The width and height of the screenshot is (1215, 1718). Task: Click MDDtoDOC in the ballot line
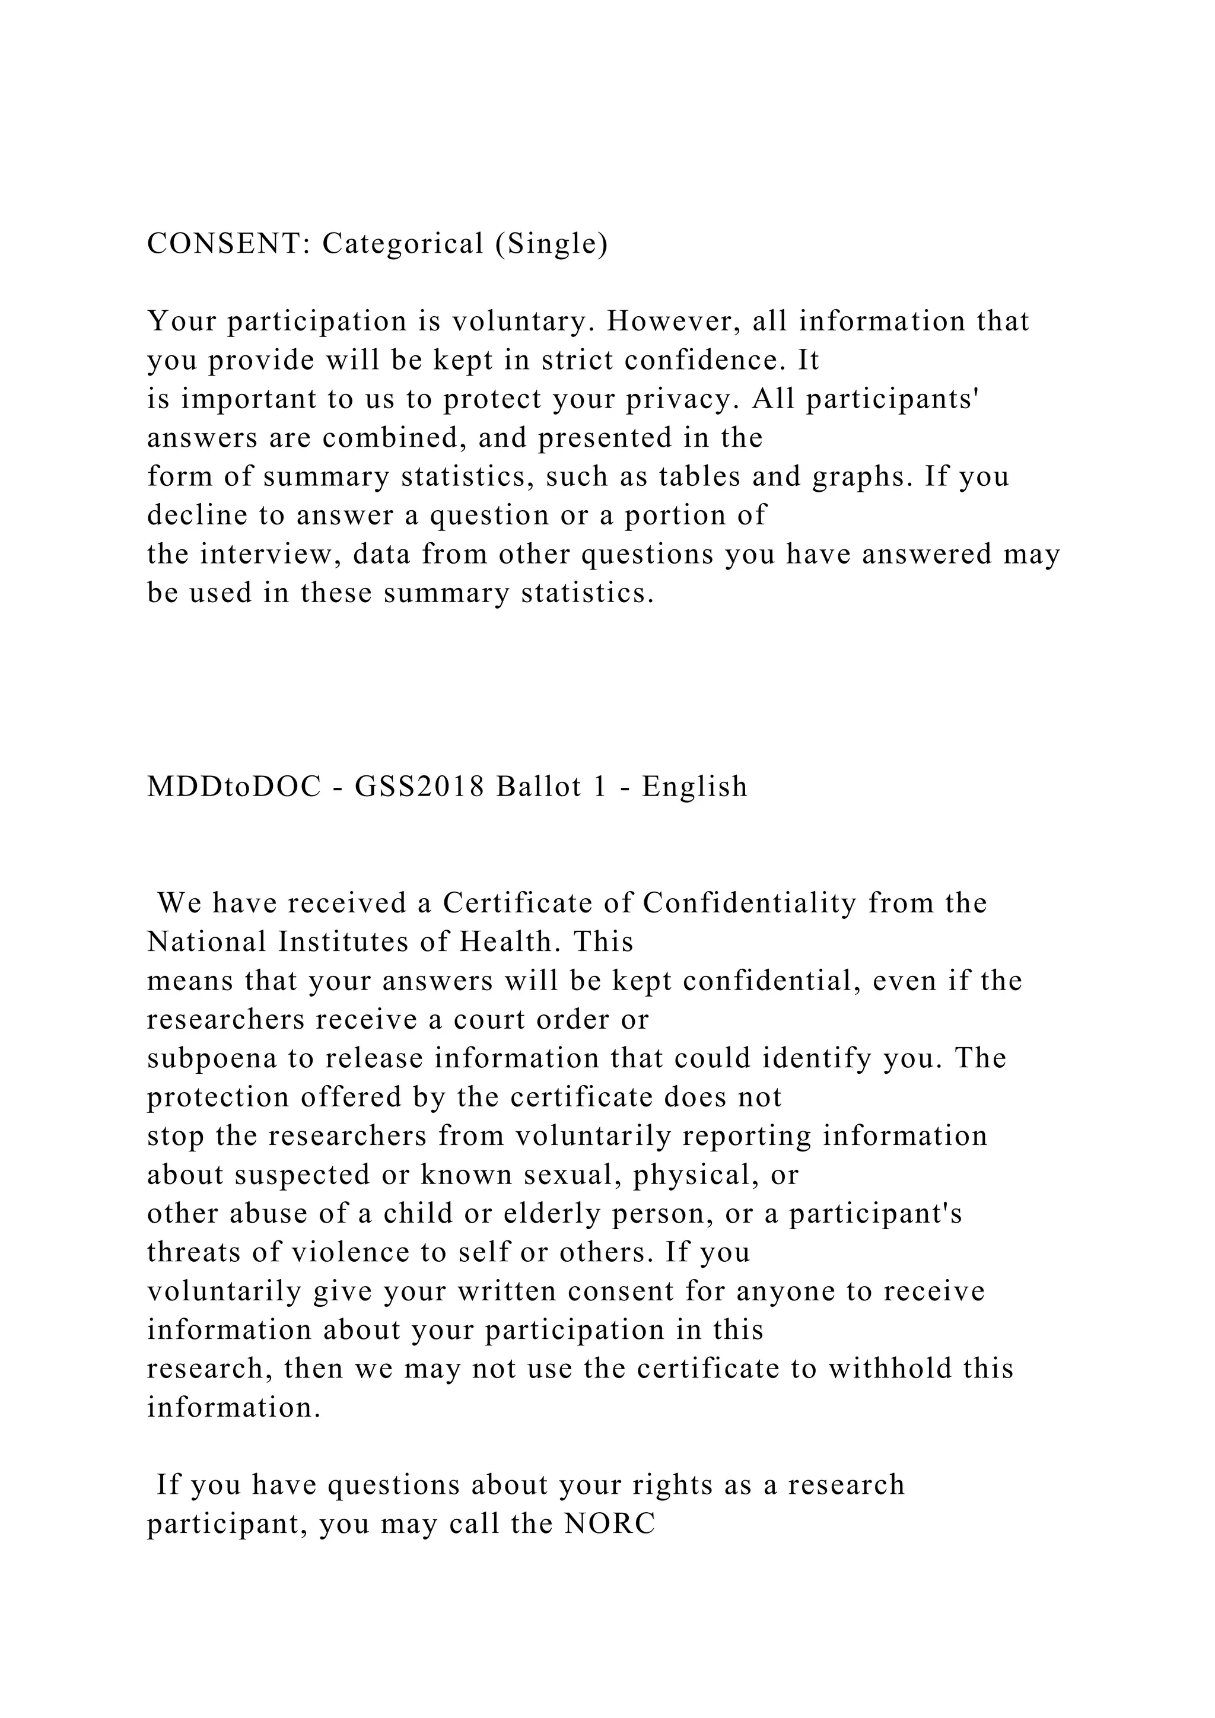point(234,787)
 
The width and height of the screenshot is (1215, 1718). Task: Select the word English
point(695,787)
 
